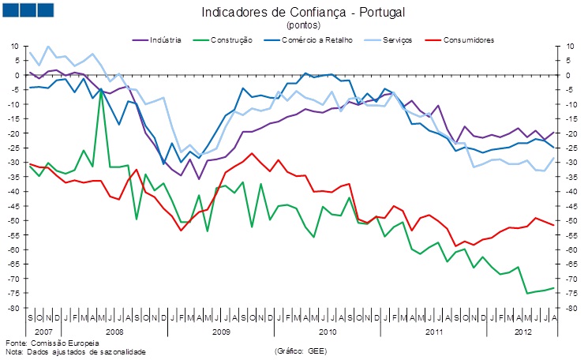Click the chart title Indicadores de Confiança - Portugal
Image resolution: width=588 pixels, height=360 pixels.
point(298,12)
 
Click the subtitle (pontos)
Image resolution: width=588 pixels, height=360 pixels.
point(298,25)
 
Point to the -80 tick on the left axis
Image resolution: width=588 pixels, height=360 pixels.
point(13,308)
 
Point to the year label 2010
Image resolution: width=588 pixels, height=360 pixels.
point(328,332)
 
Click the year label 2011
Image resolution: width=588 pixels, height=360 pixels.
point(433,332)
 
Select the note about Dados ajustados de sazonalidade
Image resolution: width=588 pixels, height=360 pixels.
point(75,351)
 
